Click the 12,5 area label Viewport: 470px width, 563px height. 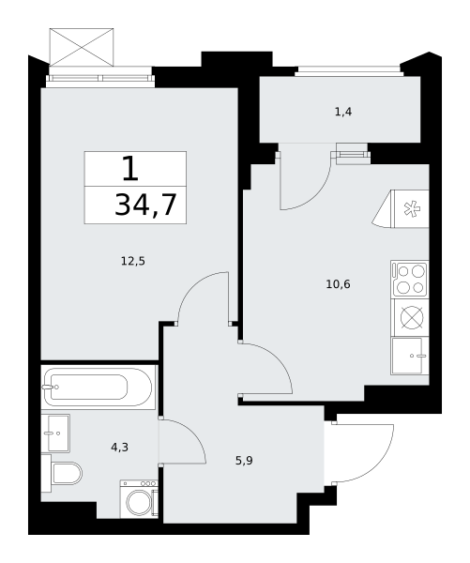pos(133,262)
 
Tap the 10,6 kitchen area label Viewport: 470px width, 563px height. pos(338,284)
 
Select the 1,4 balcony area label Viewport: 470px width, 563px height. pos(343,113)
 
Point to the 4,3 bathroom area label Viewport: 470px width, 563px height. pos(119,448)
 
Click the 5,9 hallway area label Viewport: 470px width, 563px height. pos(244,461)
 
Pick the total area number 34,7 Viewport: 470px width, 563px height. pos(145,205)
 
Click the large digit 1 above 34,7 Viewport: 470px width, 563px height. pos(130,169)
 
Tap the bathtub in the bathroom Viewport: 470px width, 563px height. pos(98,387)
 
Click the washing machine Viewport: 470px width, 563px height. pos(139,499)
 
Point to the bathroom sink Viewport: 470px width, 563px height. pos(55,433)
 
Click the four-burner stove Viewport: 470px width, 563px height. pos(410,279)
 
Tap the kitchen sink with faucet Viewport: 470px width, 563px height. pos(410,356)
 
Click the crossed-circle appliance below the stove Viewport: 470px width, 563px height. pos(412,317)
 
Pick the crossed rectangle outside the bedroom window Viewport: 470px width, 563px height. pos(82,47)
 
